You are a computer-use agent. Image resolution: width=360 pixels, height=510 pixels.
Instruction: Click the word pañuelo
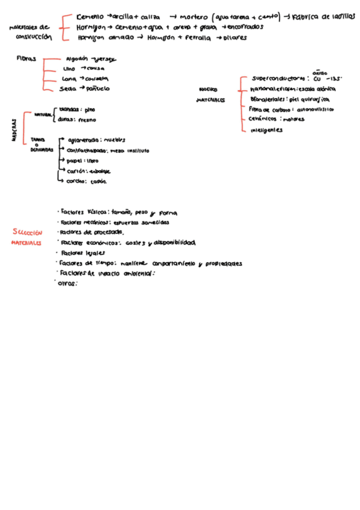point(98,88)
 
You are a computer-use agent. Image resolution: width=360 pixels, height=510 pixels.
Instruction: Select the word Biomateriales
point(268,99)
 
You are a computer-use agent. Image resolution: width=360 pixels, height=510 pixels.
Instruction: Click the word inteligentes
point(267,130)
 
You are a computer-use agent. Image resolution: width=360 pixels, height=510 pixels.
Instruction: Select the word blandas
point(69,110)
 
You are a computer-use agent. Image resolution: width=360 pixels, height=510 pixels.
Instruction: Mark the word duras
point(66,120)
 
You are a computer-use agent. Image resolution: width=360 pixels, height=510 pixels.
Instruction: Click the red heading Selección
point(27,232)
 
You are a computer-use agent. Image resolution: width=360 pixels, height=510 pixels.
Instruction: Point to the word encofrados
point(245,28)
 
